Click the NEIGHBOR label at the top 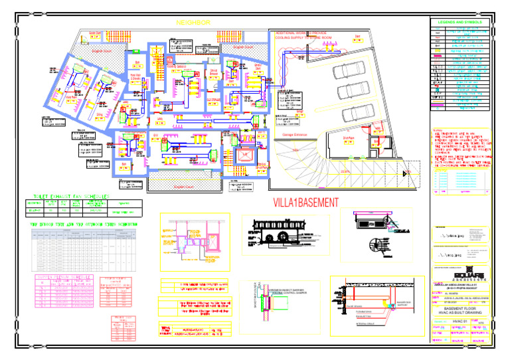(193, 23)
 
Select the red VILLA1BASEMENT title (305, 202)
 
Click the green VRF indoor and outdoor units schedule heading (86, 225)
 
